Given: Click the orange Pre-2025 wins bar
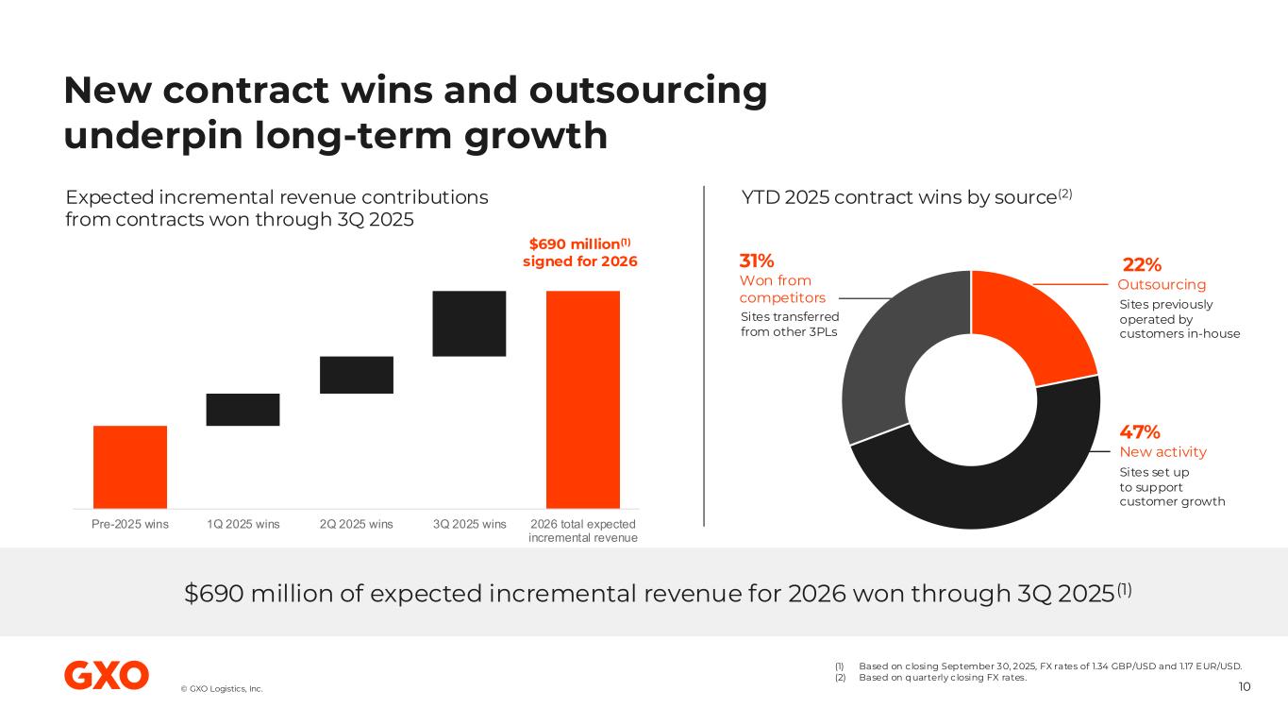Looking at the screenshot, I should (130, 466).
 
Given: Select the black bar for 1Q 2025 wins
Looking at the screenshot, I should (243, 410).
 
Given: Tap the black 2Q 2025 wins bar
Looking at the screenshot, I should (357, 375).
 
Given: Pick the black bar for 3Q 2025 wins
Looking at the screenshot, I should (469, 323).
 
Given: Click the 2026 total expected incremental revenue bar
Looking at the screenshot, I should (583, 399).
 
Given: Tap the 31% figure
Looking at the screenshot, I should (757, 261).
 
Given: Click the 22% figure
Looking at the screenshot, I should (1141, 265).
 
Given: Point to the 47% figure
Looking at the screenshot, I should (1140, 432).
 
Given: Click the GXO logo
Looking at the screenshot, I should (106, 675).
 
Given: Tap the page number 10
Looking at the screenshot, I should (1245, 686).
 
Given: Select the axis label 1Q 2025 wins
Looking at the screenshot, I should (243, 525).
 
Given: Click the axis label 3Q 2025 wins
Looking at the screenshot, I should (469, 525).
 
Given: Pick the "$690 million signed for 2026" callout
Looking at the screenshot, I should (579, 252).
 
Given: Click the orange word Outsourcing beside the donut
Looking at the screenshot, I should (1162, 284).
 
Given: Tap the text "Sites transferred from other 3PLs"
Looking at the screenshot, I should (790, 324).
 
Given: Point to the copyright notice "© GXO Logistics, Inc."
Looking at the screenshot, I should (222, 689).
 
